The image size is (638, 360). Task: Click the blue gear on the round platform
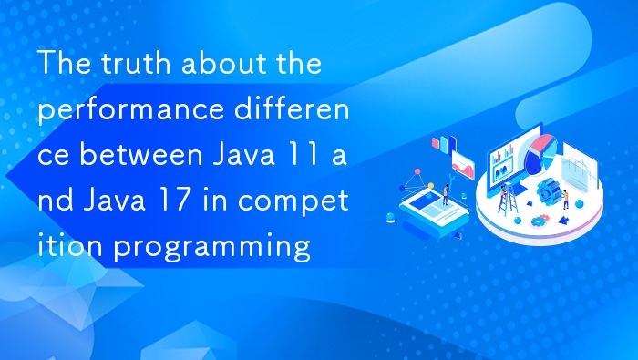(x=548, y=191)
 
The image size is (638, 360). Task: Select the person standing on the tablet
(x=446, y=193)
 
